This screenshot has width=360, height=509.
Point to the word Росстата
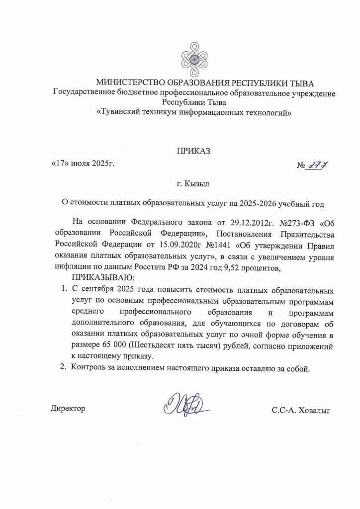coord(165,268)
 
